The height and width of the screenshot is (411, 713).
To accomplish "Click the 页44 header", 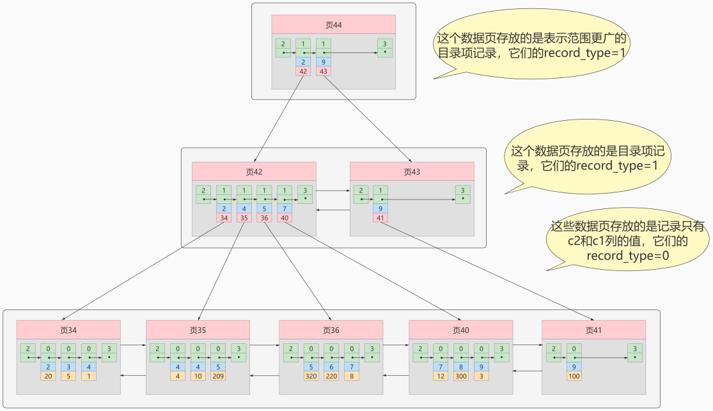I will pos(333,25).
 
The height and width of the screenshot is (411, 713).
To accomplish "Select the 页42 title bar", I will pos(254,171).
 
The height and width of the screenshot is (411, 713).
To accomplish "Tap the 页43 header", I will pos(412,171).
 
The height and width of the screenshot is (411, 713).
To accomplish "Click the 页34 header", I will pos(68,330).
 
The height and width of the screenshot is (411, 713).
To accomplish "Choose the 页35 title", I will pos(198,330).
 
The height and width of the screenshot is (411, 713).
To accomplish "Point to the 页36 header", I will pos(331,330).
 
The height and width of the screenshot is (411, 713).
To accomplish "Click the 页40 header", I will pos(460,330).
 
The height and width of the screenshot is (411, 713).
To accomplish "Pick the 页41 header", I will pos(593,330).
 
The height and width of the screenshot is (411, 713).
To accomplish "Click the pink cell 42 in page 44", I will pos(303,72).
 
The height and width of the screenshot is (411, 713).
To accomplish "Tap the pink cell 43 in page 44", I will pos(324,72).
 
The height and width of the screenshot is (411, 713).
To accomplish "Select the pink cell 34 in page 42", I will pos(224,218).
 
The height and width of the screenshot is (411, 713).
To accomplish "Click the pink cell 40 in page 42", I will pos(285,218).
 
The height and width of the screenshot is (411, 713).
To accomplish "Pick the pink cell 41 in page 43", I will pos(380,218).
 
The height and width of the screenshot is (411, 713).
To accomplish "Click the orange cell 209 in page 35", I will pos(219,376).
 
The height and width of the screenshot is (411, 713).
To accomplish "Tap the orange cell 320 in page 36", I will pos(311,376).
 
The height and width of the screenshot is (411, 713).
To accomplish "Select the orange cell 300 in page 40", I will pos(461,376).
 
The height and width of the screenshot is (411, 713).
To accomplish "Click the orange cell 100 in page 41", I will pos(574,376).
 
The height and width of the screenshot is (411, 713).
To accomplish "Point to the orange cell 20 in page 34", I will pos(48,376).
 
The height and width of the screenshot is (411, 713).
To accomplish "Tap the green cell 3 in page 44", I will pos(384,48).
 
